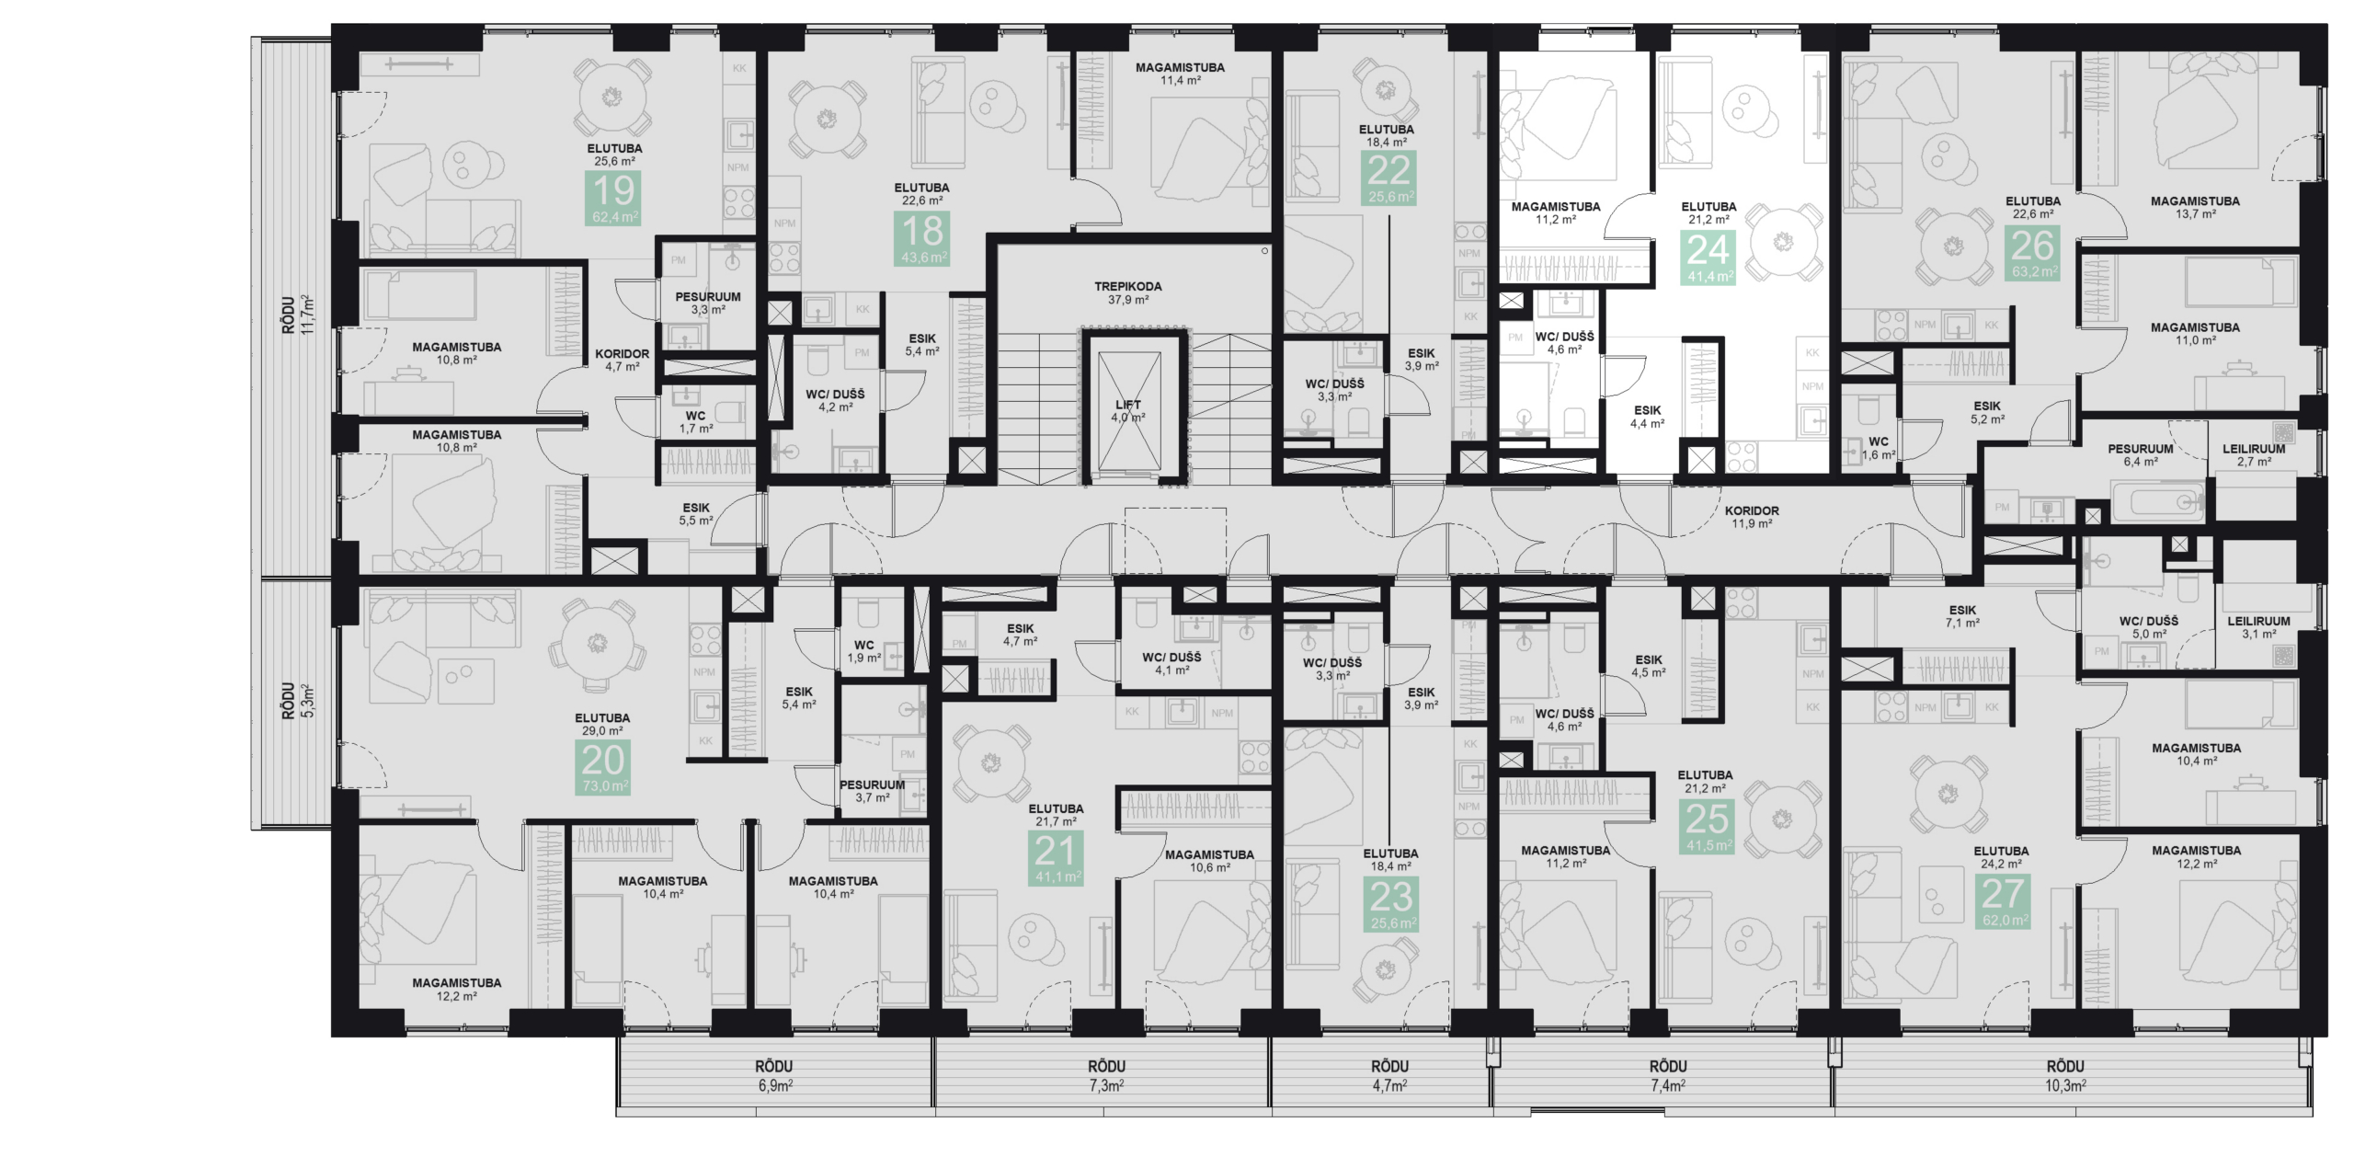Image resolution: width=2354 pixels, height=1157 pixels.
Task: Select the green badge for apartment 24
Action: coord(1708,258)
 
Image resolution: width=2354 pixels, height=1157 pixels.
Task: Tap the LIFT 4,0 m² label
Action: coord(1127,411)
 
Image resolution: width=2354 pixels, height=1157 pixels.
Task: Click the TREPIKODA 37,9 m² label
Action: coord(1127,292)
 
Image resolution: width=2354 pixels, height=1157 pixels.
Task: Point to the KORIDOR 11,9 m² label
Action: coord(1751,517)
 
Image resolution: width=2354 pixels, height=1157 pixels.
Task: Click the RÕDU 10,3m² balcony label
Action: coord(2064,1075)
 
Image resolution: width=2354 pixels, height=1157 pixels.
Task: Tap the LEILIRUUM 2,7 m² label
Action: coord(2253,455)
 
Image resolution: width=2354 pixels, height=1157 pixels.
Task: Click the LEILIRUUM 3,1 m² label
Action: coord(2257,627)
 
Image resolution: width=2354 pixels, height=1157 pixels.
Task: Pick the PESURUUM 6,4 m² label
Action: coord(2140,455)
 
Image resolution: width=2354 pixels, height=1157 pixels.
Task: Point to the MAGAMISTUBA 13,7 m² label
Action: coord(2194,207)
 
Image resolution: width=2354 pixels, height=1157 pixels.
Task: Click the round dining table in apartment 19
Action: coord(611,97)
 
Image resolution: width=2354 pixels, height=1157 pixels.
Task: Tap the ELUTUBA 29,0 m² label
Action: coord(602,725)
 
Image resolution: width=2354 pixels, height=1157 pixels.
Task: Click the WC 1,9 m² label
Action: coord(863,651)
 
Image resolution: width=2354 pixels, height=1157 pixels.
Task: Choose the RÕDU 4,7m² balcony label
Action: coord(1389,1075)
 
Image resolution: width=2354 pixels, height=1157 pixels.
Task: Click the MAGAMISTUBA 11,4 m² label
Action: coord(1179,74)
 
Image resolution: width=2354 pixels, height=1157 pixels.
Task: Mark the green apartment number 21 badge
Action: coord(1056,858)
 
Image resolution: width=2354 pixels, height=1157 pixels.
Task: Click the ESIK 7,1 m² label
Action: coord(1961,616)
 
